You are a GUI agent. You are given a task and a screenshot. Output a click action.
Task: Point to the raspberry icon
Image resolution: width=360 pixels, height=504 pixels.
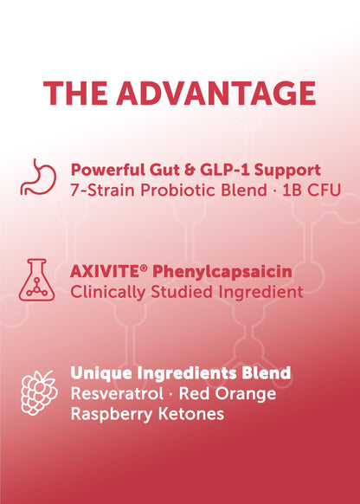39,392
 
